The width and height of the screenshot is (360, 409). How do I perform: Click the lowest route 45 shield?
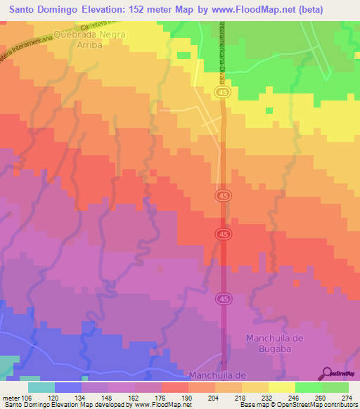click(x=223, y=299)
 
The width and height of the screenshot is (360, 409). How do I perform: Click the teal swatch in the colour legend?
click(x=41, y=387)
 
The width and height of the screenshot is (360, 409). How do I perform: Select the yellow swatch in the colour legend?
click(x=282, y=387)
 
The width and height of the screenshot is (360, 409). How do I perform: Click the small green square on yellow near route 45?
click(x=268, y=110)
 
